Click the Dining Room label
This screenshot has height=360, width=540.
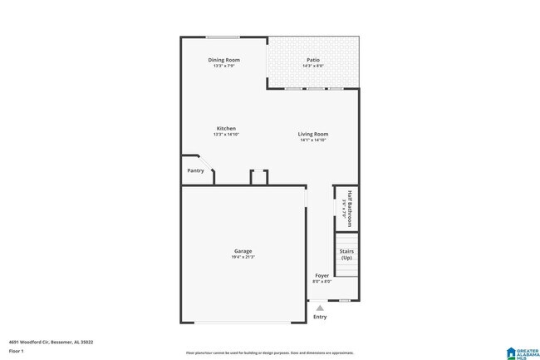[x=223, y=60]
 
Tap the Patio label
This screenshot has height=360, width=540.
[x=313, y=60]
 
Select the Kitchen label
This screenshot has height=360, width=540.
[x=226, y=128]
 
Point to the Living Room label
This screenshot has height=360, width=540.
[x=314, y=134]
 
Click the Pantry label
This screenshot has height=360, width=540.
[x=195, y=170]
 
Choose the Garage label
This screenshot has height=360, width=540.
[x=243, y=251]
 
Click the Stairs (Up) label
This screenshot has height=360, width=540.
[x=346, y=254]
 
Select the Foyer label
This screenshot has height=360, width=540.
[x=322, y=275]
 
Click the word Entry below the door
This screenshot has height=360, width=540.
[x=320, y=317]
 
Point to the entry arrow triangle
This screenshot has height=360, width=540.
[x=320, y=308]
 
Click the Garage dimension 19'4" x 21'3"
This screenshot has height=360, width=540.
[x=243, y=258]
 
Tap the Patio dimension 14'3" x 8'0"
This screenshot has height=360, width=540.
[x=313, y=67]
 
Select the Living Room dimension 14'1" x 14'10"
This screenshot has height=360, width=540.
[x=314, y=140]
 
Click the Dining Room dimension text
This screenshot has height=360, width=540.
[x=223, y=67]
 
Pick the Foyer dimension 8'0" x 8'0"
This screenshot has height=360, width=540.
[x=322, y=281]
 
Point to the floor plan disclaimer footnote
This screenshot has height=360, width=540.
[x=268, y=351]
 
